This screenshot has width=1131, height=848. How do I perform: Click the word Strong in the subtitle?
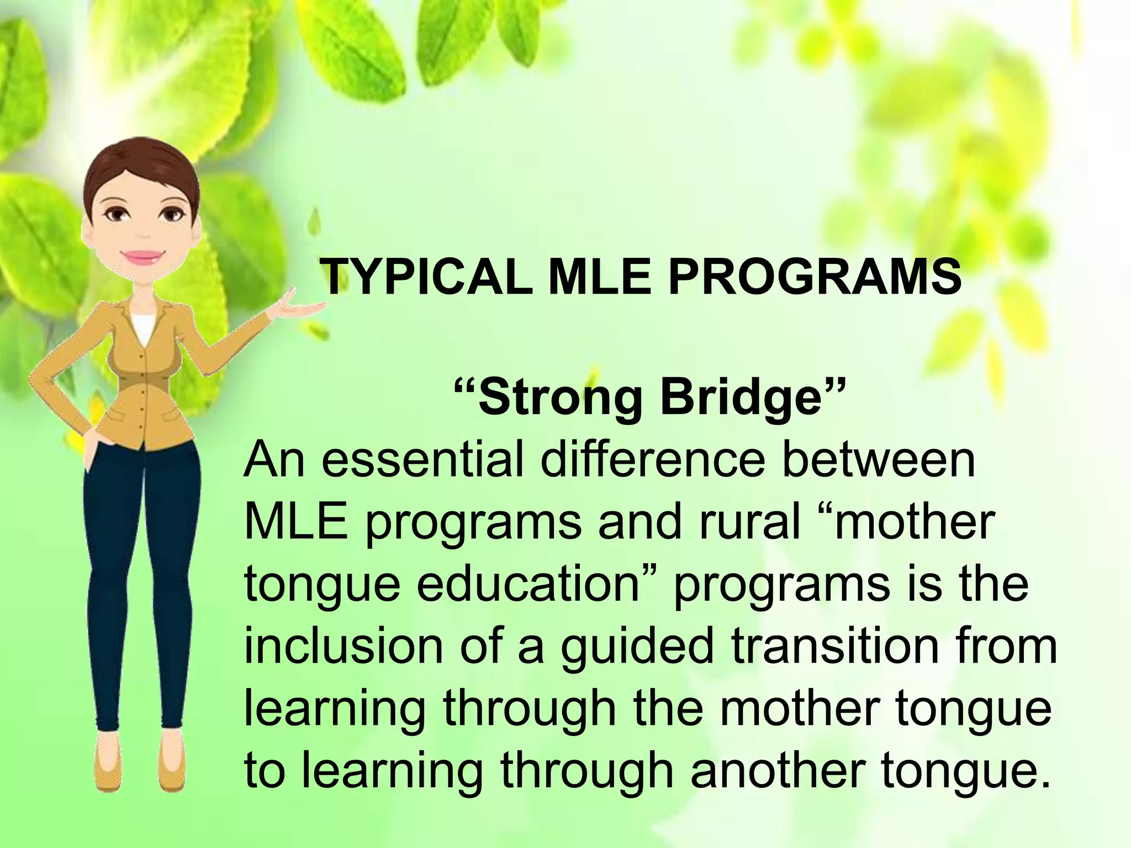point(559,400)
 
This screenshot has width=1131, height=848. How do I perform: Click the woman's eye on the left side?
point(118,214)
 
